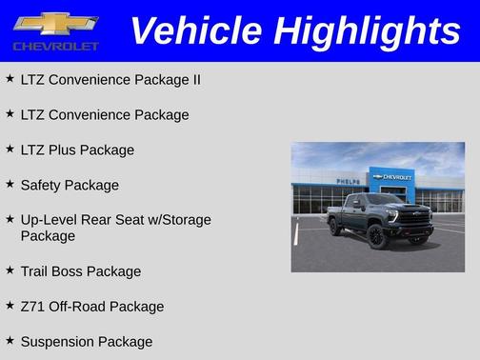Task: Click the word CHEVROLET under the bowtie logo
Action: pos(56,46)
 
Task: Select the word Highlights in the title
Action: pos(366,30)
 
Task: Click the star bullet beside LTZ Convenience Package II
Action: pos(10,79)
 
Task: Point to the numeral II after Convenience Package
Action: pos(195,80)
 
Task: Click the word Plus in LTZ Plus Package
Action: pos(63,150)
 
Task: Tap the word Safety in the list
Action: pos(43,185)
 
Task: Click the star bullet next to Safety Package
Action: pos(10,184)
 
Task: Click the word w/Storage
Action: pos(173,220)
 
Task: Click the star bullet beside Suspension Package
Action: pos(10,340)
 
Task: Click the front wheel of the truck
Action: pos(377,235)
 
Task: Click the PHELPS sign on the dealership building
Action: pos(349,181)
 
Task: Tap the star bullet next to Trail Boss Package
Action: pos(10,270)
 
